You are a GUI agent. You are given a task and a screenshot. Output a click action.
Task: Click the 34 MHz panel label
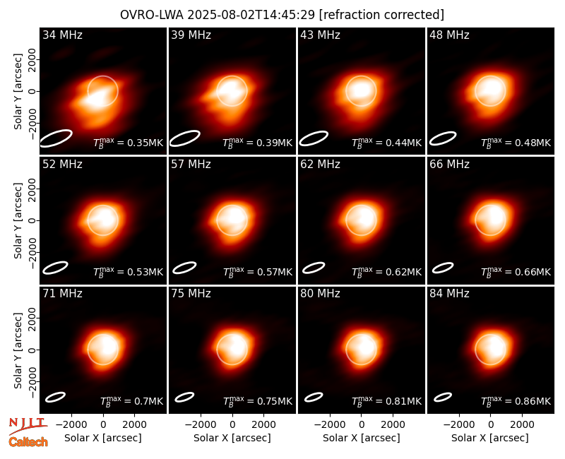pos(62,35)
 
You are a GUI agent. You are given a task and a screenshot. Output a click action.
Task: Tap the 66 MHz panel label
pos(449,165)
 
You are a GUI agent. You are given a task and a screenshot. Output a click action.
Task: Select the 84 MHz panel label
pos(449,294)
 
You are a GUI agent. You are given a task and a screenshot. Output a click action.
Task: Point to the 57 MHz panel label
pos(191,165)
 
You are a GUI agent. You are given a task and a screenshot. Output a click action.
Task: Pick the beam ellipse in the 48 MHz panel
pos(443,138)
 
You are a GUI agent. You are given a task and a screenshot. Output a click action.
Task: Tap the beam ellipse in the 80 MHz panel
pos(314,397)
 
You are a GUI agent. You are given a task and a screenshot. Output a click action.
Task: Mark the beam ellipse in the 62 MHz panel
pos(314,268)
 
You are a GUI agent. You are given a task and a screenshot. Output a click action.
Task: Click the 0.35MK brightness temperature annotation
pos(129,143)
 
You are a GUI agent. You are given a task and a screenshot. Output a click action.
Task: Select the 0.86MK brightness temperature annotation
pos(516,401)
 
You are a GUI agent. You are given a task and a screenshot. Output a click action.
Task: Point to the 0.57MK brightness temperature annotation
pos(258,272)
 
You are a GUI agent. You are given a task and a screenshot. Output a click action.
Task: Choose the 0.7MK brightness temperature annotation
pos(131,401)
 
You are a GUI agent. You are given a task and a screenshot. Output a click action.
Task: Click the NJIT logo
pos(28,426)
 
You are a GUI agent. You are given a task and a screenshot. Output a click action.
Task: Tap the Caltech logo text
pos(28,442)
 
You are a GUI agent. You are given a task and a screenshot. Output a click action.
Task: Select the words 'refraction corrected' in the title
pos(381,15)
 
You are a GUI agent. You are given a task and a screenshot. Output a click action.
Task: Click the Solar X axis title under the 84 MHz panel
pos(490,438)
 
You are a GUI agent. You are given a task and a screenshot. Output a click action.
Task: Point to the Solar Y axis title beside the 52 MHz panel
pos(18,220)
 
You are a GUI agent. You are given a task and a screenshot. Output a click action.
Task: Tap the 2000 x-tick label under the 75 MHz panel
pos(263,424)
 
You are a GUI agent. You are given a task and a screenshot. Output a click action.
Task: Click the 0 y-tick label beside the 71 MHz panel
pos(32,350)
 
